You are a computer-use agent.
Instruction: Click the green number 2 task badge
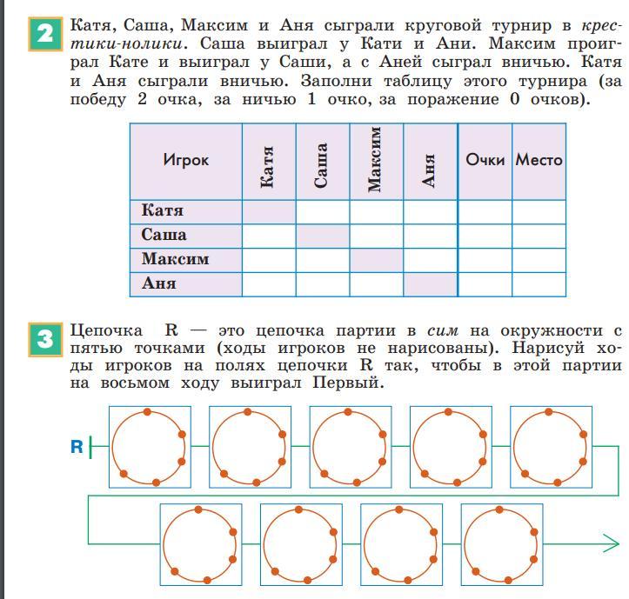45,34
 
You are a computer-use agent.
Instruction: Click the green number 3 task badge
45,339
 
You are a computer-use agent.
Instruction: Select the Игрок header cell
185,161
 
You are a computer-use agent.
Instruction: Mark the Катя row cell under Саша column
323,212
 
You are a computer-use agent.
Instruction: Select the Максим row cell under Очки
485,260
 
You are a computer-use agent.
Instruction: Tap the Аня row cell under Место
539,284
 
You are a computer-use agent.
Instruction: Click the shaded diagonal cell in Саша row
323,236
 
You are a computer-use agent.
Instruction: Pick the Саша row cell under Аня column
431,236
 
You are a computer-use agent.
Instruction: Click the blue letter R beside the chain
77,447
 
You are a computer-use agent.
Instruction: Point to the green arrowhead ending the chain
612,544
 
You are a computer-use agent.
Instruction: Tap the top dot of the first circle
147,412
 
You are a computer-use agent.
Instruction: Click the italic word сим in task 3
442,330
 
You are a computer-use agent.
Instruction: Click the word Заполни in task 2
336,81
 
